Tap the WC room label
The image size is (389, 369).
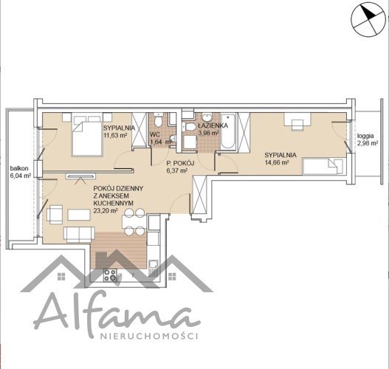point(155,134)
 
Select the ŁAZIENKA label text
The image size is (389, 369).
point(213,125)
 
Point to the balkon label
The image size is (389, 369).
point(19,168)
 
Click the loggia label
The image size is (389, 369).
point(365,136)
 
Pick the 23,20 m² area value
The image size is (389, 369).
point(106,211)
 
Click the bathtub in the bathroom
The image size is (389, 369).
point(228,131)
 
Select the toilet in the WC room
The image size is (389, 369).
point(158,120)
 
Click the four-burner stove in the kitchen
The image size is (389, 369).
point(110,275)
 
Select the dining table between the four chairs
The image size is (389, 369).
point(134,221)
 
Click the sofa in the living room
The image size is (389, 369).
point(79,235)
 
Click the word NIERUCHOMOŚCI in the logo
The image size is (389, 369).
point(149,336)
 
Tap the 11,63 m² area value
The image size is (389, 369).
point(115,135)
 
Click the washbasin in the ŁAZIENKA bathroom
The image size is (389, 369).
point(207,117)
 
